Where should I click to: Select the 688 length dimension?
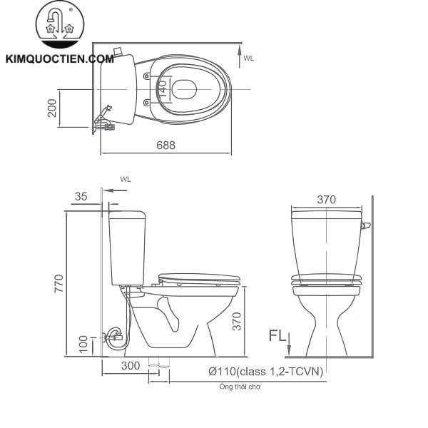coord(165,144)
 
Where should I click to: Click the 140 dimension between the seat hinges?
coord(163,88)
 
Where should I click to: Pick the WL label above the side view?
coord(126,180)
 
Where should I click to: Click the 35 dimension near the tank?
coord(81,196)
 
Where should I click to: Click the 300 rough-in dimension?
coord(130,367)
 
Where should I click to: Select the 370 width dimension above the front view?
coord(325,200)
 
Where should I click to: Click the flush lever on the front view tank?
coord(366,227)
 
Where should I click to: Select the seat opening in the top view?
coord(183,88)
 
